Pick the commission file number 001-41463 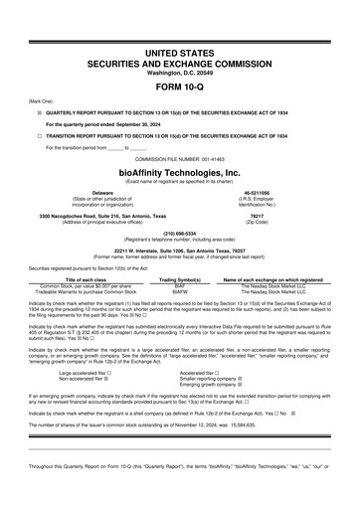click(229, 158)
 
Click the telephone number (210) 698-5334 click(179, 234)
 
